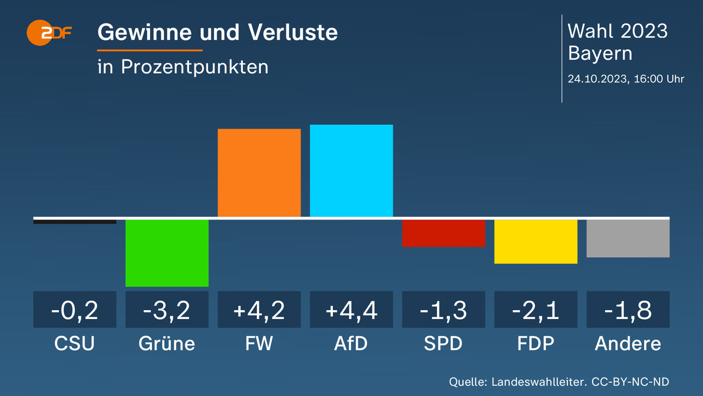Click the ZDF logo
(x=50, y=33)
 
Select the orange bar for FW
(x=259, y=173)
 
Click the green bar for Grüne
(x=167, y=252)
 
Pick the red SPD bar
(x=444, y=233)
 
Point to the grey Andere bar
(x=628, y=238)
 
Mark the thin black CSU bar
(x=75, y=222)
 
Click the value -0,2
(x=75, y=311)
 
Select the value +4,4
(x=351, y=311)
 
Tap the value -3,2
(x=167, y=311)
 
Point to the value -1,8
(x=628, y=311)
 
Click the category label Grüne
(x=167, y=344)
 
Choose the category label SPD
(x=443, y=344)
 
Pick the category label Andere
(x=628, y=344)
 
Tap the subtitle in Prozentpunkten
(x=183, y=67)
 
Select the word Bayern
(x=600, y=54)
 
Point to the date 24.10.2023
(x=598, y=79)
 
